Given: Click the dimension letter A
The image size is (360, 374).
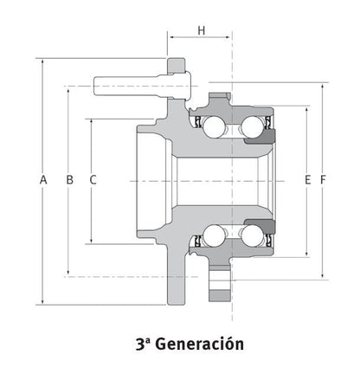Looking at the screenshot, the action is (x=43, y=179).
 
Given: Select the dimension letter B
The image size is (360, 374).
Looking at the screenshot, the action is (x=69, y=179).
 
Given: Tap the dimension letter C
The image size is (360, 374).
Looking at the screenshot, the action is (x=93, y=179).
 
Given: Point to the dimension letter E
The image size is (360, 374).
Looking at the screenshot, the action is (x=308, y=179).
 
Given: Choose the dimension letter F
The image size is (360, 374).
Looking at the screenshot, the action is (x=323, y=179).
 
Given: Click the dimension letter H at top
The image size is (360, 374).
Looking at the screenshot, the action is (x=202, y=30).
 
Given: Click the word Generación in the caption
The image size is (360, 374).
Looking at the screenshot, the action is (x=201, y=344).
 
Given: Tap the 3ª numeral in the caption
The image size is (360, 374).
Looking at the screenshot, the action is (x=143, y=344).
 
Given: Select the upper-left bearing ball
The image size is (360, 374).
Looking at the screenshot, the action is (x=214, y=127).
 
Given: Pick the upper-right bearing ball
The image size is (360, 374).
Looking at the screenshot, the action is (x=252, y=127).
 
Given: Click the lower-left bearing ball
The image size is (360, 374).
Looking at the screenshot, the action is (x=214, y=235).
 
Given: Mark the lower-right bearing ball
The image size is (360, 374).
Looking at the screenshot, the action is (x=252, y=235).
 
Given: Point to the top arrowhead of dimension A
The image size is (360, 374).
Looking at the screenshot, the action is (x=42, y=61).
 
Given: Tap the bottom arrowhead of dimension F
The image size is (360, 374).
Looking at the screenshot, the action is (x=323, y=276).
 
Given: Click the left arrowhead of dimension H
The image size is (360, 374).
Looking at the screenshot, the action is (x=171, y=37).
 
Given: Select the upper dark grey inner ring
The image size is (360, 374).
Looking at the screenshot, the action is (x=260, y=137).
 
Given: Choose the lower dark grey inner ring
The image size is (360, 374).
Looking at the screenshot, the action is (x=260, y=226).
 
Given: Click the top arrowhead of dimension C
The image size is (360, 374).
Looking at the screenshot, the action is (x=92, y=122).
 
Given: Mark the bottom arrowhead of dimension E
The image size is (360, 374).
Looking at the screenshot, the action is (x=307, y=254).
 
